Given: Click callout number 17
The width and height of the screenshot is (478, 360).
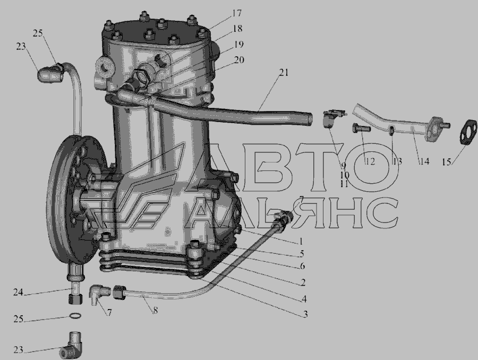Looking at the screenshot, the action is [x=236, y=13].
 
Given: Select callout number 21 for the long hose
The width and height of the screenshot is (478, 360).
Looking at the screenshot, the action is [x=284, y=73].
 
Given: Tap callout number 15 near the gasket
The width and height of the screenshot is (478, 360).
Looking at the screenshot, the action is [x=446, y=162].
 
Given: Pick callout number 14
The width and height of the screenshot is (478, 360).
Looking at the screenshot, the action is [x=425, y=161].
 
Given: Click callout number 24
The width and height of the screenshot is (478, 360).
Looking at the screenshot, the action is [x=18, y=292].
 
